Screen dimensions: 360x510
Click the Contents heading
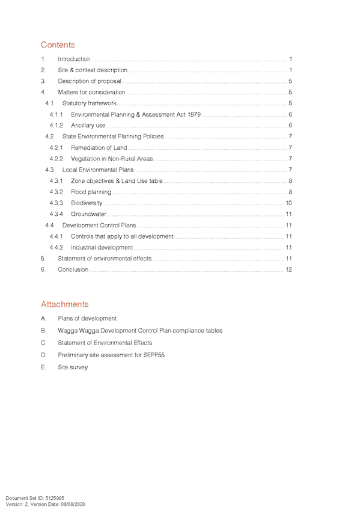58,45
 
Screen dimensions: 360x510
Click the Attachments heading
65,304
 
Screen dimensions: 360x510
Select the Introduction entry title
74,59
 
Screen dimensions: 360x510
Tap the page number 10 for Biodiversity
289,203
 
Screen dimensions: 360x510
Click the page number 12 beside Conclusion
289,269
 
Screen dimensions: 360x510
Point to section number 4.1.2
56,125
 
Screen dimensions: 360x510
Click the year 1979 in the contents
194,114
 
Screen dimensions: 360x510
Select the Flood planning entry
91,192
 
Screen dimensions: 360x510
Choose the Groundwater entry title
88,214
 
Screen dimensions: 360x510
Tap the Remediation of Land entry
99,148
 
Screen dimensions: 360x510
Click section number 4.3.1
56,181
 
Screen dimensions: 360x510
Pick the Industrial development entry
102,248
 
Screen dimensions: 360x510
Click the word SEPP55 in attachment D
154,355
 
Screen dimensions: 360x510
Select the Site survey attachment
73,367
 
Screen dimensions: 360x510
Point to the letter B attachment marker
43,330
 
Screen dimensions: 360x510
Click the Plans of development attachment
87,318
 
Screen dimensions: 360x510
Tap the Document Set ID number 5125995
55,498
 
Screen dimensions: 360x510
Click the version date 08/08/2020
73,504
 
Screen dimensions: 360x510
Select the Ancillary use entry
88,125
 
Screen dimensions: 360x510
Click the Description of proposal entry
90,81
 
